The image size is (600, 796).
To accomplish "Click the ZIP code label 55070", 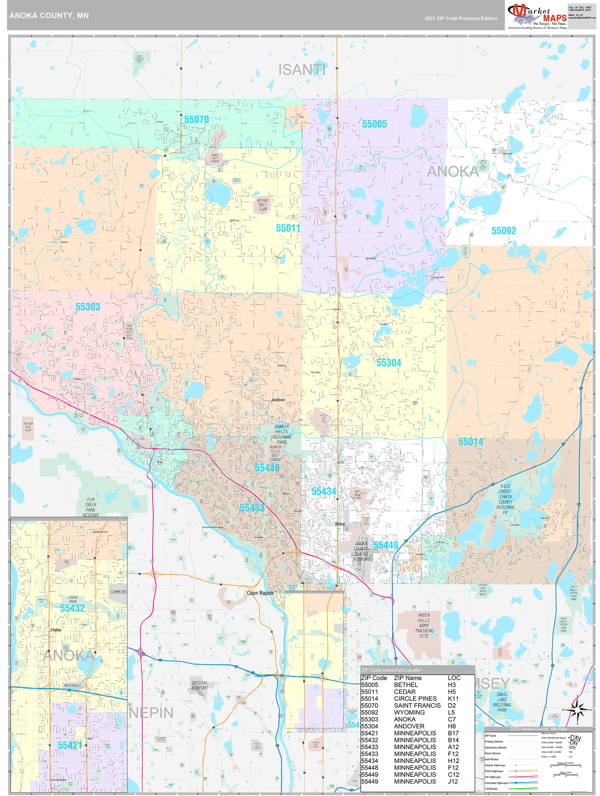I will tap(196, 119).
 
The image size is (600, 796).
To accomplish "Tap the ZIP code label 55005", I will tap(375, 124).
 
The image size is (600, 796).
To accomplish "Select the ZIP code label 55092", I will tap(504, 231).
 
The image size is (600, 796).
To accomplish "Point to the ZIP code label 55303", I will tap(88, 307).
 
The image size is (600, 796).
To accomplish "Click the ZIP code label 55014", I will tap(471, 442).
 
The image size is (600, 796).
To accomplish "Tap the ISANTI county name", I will tap(302, 70).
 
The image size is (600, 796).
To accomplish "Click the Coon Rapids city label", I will tap(260, 593).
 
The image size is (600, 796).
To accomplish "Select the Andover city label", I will tap(278, 400).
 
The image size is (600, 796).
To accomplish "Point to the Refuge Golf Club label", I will tap(263, 205).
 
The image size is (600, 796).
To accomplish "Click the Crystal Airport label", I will tap(199, 685).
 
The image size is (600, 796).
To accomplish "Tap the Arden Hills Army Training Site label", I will tap(424, 626).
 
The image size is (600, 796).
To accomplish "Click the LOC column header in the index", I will tap(454, 678).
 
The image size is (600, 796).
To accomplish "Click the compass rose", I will tap(577, 709).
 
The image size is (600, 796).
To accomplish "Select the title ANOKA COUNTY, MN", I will tap(49, 16).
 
